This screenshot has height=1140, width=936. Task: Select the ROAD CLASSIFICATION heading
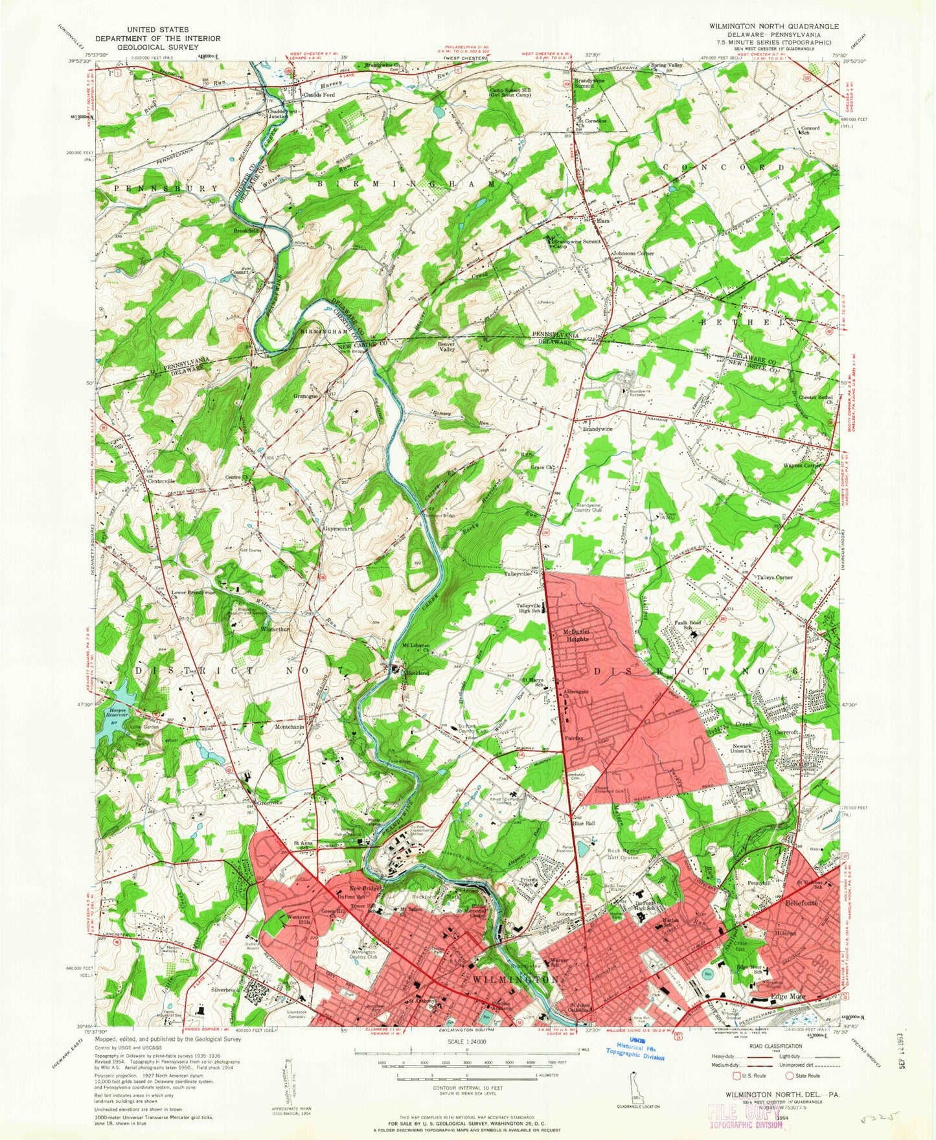pyautogui.click(x=788, y=1045)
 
